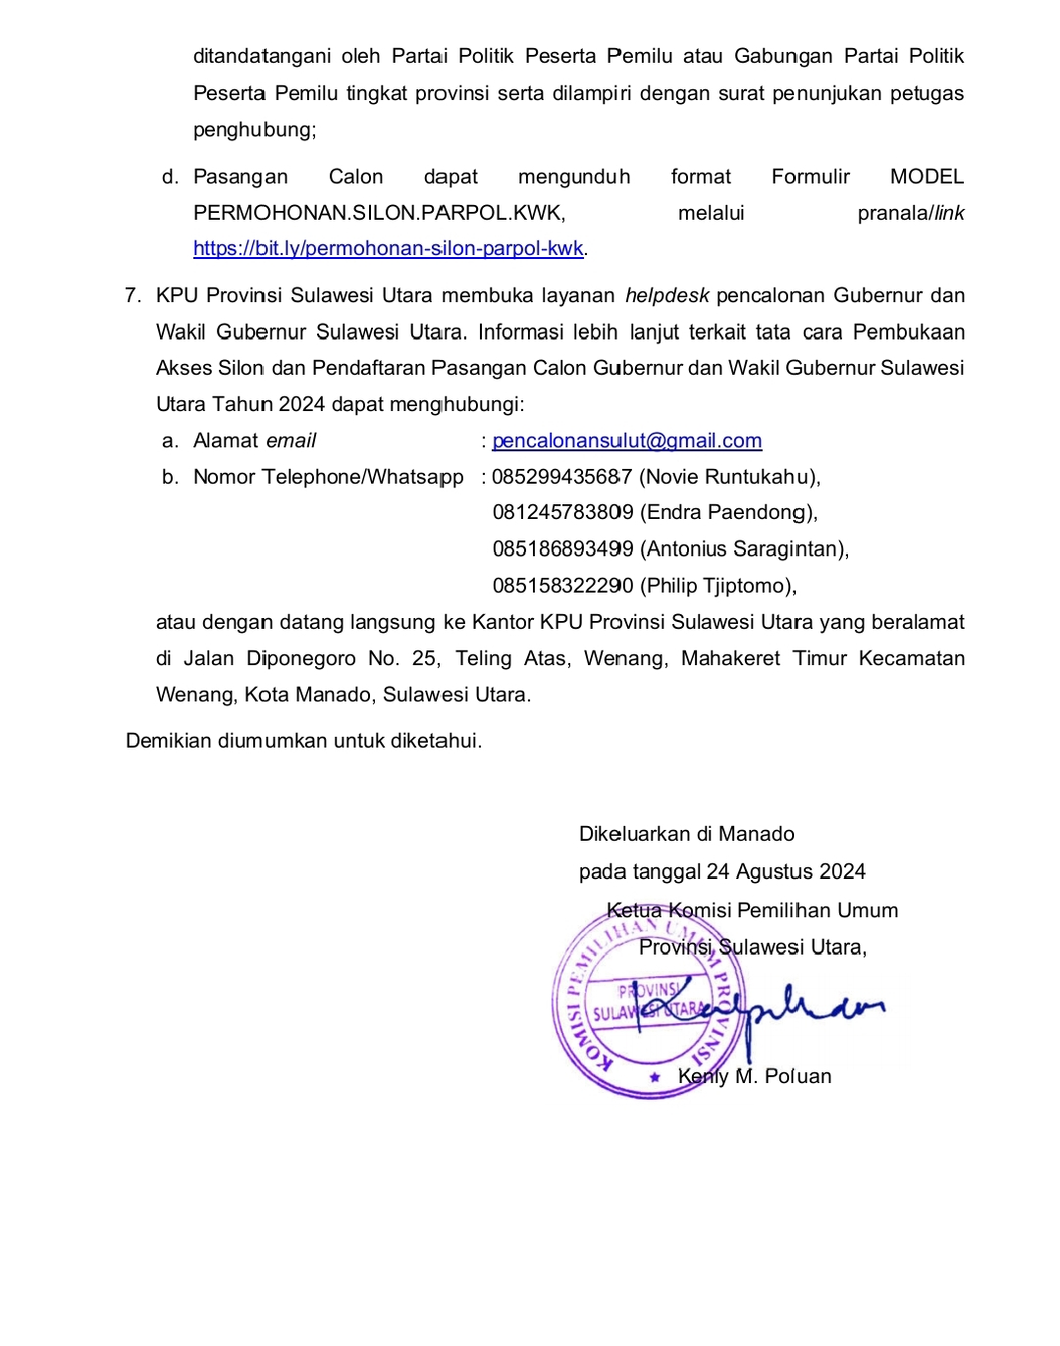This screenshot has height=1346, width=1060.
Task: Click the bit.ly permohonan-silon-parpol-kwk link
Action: (388, 248)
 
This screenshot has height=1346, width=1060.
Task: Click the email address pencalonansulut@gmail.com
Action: (626, 440)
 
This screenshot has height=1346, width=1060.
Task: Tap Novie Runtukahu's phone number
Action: (561, 477)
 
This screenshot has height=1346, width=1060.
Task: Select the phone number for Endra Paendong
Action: (562, 512)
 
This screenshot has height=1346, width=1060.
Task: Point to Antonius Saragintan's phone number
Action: (562, 548)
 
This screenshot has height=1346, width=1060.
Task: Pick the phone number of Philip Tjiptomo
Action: (562, 586)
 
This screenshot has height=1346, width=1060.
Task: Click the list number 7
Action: (132, 295)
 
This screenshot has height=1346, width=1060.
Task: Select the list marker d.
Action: (170, 177)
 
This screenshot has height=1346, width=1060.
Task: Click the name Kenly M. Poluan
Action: (754, 1076)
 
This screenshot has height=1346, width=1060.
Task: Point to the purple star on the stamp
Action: (655, 1077)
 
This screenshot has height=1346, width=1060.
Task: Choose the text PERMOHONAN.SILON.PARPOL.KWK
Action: (379, 213)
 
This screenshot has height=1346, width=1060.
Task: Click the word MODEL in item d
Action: (927, 177)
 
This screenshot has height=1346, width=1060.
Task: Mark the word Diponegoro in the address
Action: (300, 658)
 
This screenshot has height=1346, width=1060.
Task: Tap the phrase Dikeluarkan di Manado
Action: (686, 834)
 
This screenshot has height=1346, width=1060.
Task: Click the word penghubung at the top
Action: (253, 129)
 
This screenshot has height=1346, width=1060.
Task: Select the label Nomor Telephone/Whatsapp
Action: (328, 477)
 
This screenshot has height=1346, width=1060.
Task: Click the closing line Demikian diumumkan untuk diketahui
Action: (303, 741)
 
